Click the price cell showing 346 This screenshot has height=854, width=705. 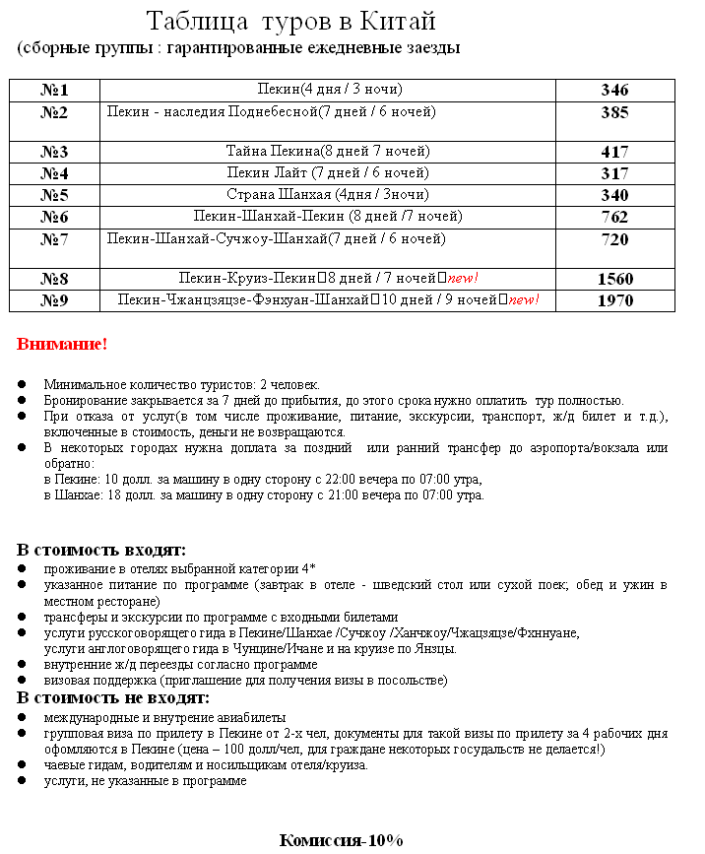[614, 91]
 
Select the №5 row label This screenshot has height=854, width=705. [54, 195]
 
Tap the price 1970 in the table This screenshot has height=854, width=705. [614, 300]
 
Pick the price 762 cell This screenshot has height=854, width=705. [614, 217]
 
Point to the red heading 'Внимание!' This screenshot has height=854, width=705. [61, 345]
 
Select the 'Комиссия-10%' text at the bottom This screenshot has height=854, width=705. [341, 840]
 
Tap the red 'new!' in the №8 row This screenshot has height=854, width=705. [463, 279]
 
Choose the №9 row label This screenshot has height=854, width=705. [54, 300]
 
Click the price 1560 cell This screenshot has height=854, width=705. [614, 279]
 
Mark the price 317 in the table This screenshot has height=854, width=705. [614, 173]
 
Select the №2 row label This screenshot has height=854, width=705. [54, 112]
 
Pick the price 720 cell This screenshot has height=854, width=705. [614, 239]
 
